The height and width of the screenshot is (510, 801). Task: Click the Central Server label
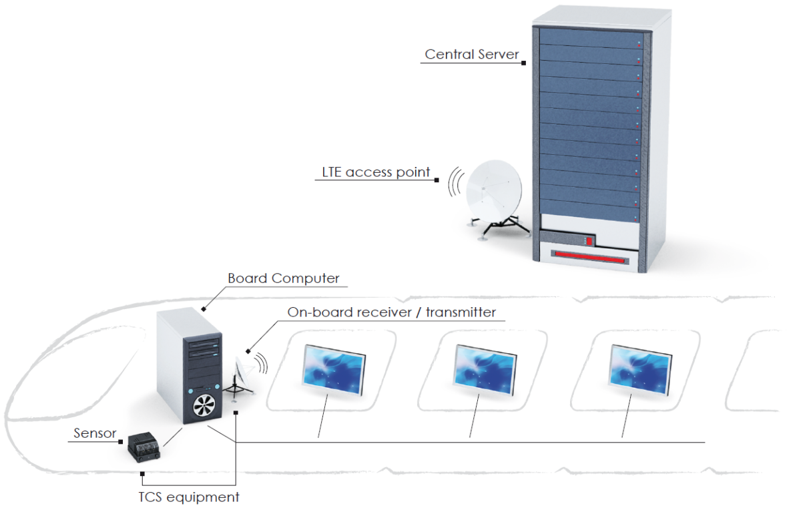point(471,55)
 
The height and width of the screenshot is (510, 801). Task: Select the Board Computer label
point(284,278)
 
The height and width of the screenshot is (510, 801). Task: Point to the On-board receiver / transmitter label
point(392,312)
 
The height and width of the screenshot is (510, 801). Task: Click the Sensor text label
point(95,435)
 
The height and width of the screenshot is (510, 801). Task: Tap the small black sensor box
point(146,445)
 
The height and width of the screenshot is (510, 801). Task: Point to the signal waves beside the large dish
point(455,181)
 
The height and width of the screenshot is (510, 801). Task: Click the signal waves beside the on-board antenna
point(261,362)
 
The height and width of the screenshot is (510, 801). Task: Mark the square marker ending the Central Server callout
point(524,63)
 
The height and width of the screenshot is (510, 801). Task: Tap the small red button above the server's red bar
point(589,240)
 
